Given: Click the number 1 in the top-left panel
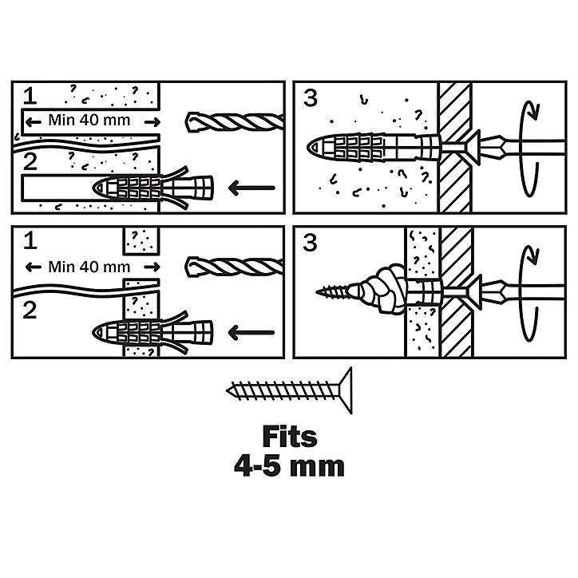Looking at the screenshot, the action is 30,96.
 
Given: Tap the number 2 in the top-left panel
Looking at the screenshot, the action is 30,162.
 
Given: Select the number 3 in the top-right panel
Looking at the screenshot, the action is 311,98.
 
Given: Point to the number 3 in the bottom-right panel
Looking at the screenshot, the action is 310,243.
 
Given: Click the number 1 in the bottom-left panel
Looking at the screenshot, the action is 30,241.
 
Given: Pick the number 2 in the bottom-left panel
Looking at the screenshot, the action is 30,311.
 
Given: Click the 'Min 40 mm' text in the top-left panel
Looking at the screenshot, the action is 89,121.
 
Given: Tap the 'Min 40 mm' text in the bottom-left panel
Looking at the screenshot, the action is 89,267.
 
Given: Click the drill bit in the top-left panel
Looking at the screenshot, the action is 235,122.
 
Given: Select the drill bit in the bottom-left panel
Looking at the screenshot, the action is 235,267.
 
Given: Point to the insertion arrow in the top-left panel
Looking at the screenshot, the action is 251,188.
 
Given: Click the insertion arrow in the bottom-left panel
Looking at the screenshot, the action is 251,332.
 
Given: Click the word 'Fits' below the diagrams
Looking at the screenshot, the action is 290,437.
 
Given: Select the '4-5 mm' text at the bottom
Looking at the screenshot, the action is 289,466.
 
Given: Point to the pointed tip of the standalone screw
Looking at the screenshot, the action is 228,390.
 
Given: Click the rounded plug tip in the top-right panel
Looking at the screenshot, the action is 313,148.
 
